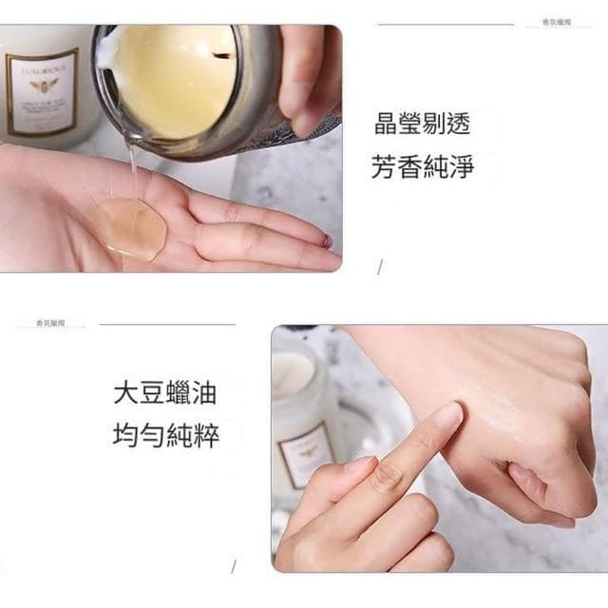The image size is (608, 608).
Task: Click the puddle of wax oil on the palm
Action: pos(132,228)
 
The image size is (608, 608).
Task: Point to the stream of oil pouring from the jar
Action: pos(132,171)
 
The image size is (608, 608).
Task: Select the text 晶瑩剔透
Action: pos(423,124)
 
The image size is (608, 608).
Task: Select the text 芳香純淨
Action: pos(423,167)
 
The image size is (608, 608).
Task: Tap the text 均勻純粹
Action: pos(166,437)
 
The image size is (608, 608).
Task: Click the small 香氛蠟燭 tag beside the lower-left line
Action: pos(50,324)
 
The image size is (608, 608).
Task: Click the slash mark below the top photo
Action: pos(380,269)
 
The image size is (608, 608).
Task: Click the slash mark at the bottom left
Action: pos(233,567)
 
